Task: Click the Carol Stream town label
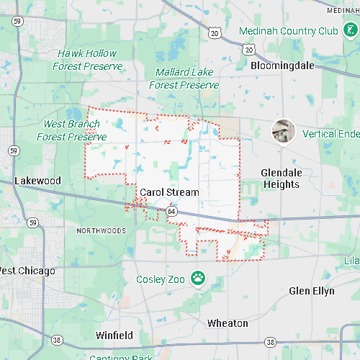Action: tap(169, 192)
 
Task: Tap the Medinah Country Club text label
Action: tap(288, 31)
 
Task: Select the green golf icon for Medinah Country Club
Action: tap(349, 31)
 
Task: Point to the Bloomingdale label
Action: tap(283, 65)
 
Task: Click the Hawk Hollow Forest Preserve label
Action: tap(86, 60)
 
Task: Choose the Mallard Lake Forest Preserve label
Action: tap(184, 78)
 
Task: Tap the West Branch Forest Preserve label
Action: tap(71, 130)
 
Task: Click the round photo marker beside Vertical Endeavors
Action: tap(283, 131)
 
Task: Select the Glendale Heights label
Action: tap(281, 179)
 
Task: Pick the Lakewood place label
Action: tap(38, 180)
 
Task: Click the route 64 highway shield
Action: tap(171, 212)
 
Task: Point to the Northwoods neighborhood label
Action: tap(102, 231)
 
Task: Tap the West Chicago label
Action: tap(27, 271)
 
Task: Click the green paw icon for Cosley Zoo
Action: tap(197, 278)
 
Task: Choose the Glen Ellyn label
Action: tap(312, 291)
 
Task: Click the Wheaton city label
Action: tap(228, 323)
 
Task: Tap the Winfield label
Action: tap(114, 336)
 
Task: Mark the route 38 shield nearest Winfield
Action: tap(57, 339)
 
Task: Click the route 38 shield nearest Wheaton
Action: tap(269, 341)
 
